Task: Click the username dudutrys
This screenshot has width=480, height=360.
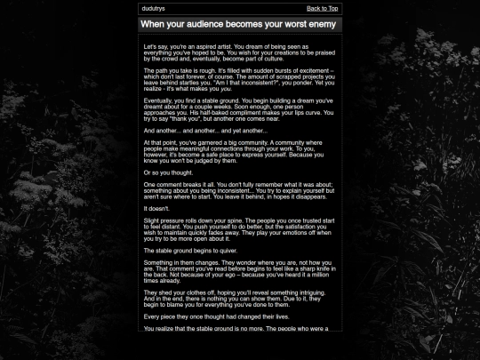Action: coord(154,8)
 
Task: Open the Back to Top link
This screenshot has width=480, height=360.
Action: coord(323,8)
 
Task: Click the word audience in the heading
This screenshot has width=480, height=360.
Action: coord(204,25)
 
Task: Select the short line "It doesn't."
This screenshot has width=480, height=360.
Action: coord(156,208)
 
